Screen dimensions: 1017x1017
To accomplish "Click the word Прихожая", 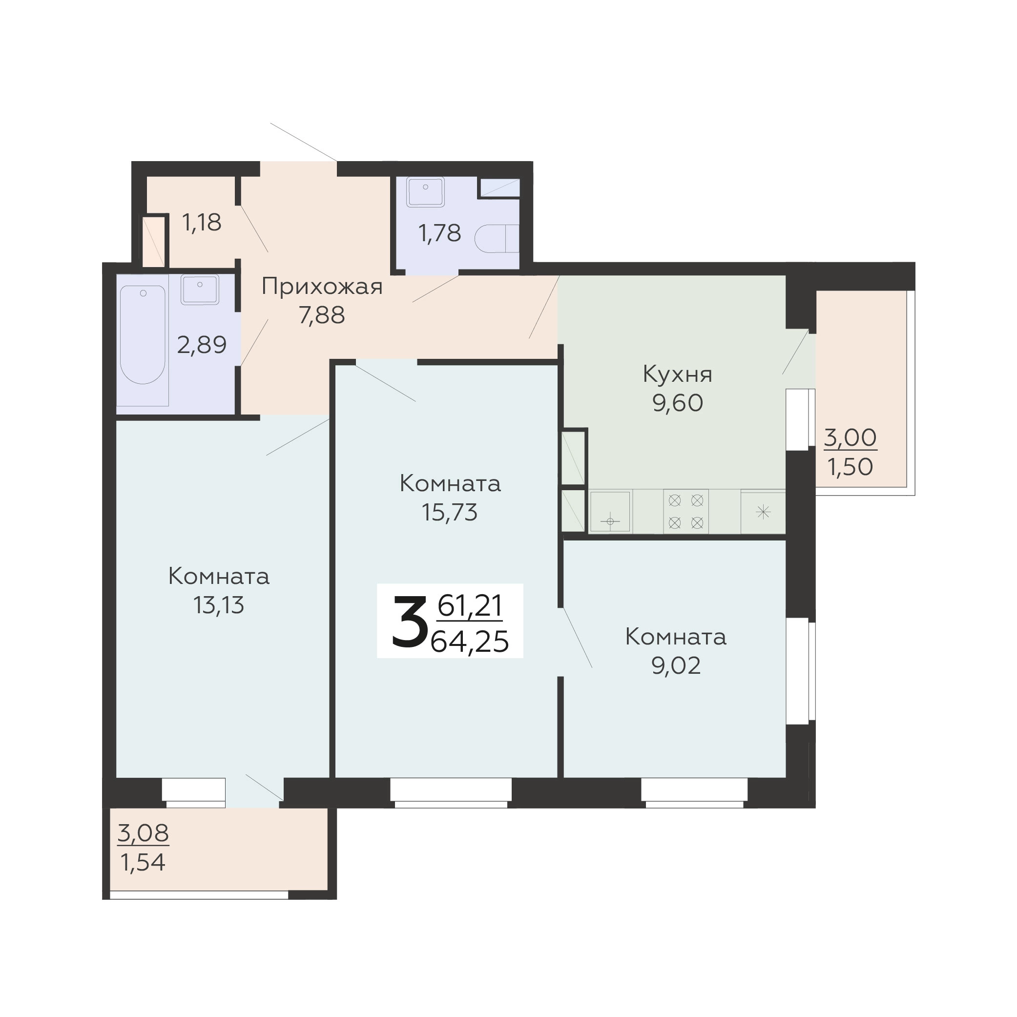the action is coord(322,288).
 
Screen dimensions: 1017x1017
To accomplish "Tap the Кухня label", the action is coord(678,374).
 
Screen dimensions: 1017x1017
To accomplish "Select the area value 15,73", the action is coord(450,512).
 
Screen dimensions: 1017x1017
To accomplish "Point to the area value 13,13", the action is coord(219,605).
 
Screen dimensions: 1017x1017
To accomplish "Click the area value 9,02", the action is coord(676,665).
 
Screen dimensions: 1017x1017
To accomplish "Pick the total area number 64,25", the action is coord(470,642).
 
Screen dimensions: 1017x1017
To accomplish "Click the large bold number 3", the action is coord(409,621).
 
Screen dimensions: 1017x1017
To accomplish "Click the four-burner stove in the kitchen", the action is coord(686,511).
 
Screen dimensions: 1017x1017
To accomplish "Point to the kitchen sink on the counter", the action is coord(610,512).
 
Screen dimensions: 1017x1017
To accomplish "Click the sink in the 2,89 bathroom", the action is coord(200,289).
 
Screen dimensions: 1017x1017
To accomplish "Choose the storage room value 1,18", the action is coord(202,222).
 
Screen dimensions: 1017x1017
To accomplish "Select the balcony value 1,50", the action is coord(851,467).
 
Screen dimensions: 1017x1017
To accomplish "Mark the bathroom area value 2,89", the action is coord(202,345).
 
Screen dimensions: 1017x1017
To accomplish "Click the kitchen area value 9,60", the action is coord(678,403).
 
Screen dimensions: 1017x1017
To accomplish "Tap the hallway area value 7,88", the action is coord(322,315).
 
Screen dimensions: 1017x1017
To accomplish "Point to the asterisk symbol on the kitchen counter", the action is coord(763,512).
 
